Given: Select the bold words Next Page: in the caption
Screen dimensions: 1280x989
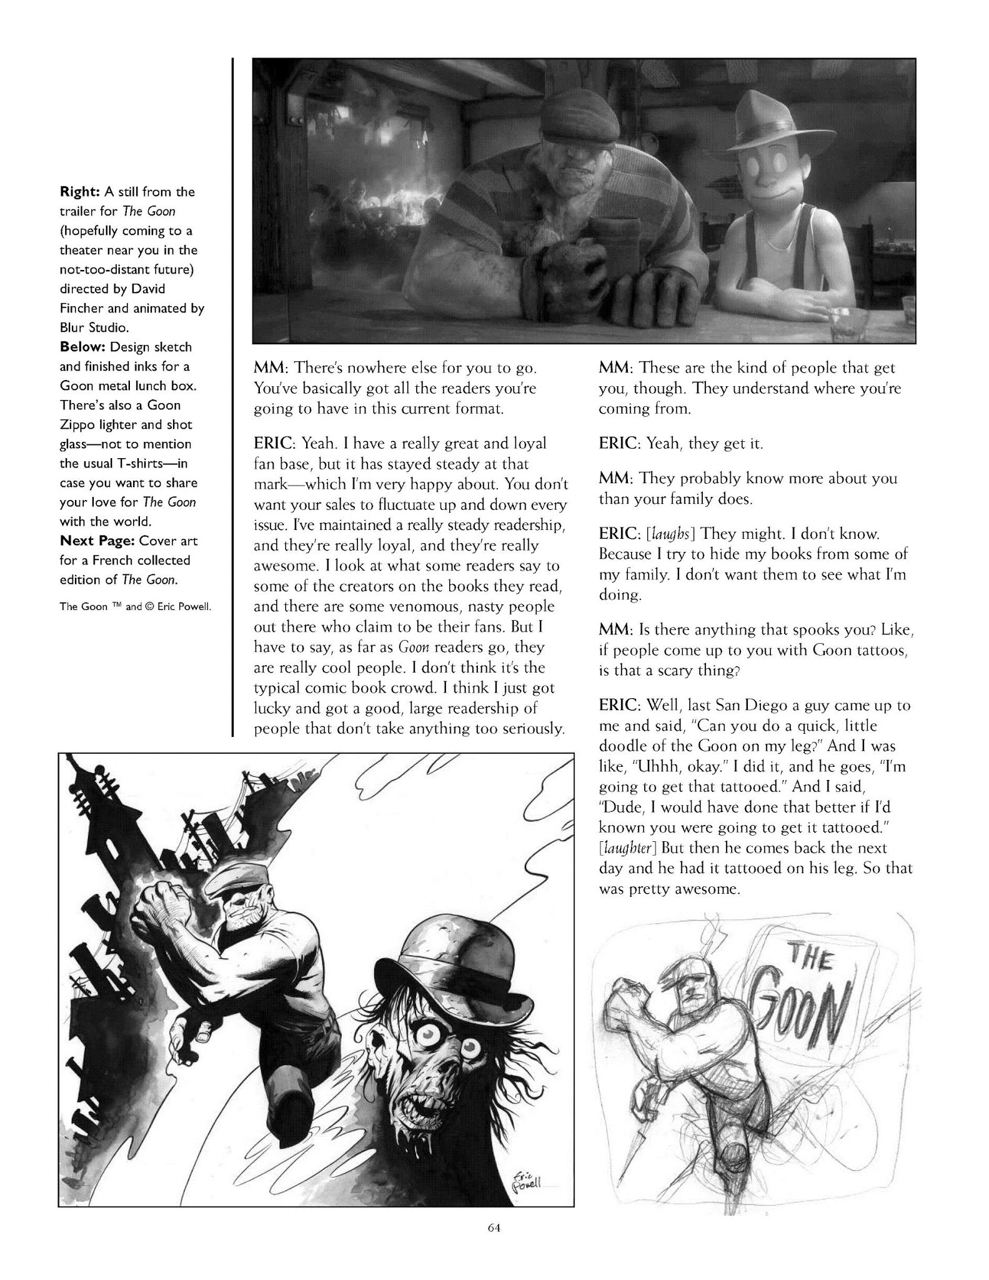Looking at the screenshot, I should point(97,541).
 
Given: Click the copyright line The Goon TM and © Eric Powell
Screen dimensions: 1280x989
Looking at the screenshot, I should point(134,606).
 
